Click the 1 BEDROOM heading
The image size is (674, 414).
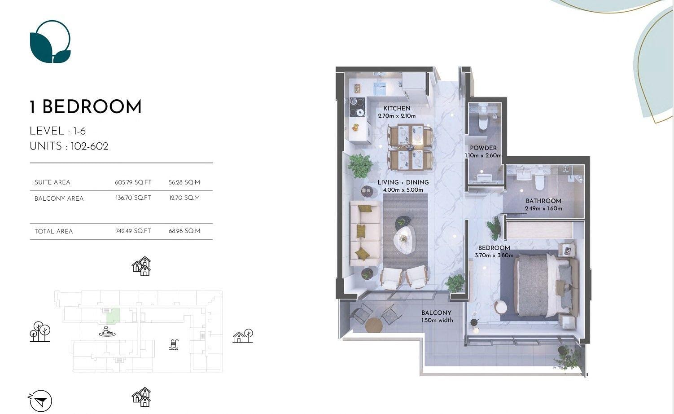[x=85, y=107]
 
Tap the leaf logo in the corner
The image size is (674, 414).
[x=50, y=42]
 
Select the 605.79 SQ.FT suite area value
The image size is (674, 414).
[x=133, y=182]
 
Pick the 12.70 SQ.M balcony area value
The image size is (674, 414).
[x=184, y=198]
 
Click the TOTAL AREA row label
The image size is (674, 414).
[x=53, y=232]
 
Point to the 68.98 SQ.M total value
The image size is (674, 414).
[x=184, y=231]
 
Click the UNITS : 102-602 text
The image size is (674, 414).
[x=69, y=146]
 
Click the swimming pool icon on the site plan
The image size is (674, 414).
[x=174, y=345]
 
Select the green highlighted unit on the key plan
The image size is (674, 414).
[x=114, y=315]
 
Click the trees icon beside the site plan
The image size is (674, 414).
[x=40, y=331]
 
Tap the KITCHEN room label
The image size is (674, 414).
[x=397, y=108]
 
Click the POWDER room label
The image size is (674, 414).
[x=483, y=148]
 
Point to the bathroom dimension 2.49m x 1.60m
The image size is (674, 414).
[x=543, y=208]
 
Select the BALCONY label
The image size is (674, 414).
[x=436, y=313]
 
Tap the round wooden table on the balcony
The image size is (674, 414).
[x=374, y=325]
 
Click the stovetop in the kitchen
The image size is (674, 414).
[x=357, y=107]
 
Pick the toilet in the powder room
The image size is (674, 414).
[x=482, y=123]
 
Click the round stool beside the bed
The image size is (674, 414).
[x=500, y=307]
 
